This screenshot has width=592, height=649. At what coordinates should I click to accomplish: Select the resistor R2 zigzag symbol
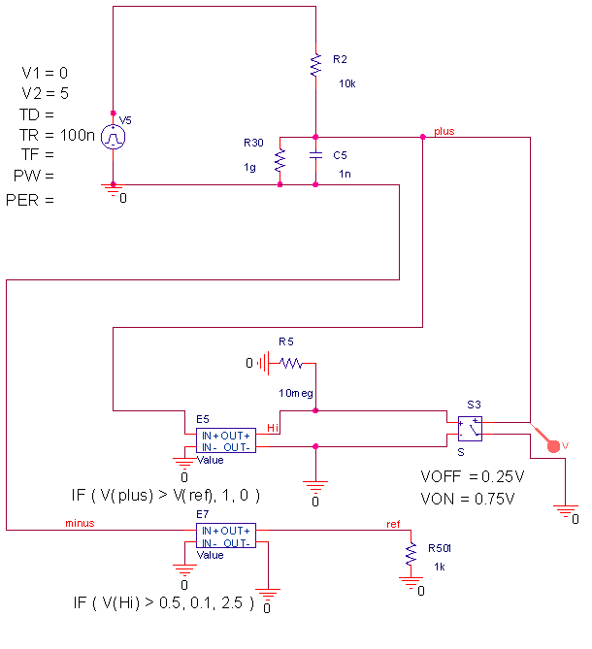pyautogui.click(x=316, y=65)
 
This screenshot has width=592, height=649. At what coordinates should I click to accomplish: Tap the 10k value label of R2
pyautogui.click(x=346, y=84)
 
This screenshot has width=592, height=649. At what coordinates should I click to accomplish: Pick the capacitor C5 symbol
pyautogui.click(x=316, y=155)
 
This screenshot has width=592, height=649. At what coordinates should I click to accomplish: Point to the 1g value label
pyautogui.click(x=249, y=167)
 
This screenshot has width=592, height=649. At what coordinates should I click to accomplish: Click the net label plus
pyautogui.click(x=444, y=131)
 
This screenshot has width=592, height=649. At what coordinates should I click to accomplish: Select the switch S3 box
pyautogui.click(x=470, y=427)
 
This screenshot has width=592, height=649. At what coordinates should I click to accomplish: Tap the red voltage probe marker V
pyautogui.click(x=553, y=445)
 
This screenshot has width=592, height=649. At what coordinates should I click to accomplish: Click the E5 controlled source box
pyautogui.click(x=225, y=441)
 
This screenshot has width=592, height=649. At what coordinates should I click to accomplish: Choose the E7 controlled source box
pyautogui.click(x=225, y=535)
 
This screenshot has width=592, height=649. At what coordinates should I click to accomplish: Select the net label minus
pyautogui.click(x=80, y=523)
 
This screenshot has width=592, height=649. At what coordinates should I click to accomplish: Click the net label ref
pyautogui.click(x=392, y=524)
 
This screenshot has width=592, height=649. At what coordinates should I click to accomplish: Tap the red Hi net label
pyautogui.click(x=273, y=427)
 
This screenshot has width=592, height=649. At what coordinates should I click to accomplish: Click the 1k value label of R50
pyautogui.click(x=439, y=567)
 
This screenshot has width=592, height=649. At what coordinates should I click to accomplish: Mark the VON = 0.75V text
pyautogui.click(x=467, y=499)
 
